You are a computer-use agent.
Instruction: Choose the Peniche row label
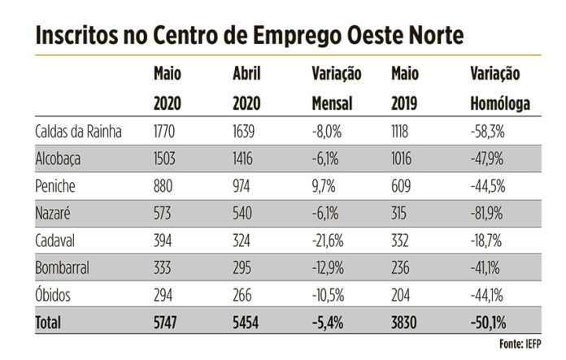click(x=55, y=186)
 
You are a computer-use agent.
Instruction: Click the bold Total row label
click(x=48, y=323)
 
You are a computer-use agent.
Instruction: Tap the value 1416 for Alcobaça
click(x=244, y=158)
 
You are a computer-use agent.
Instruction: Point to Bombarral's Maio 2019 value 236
click(x=401, y=268)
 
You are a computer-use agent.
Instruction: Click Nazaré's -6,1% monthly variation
click(x=326, y=214)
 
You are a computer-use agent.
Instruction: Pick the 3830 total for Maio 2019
click(x=405, y=323)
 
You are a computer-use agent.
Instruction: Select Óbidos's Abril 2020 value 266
click(x=243, y=295)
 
